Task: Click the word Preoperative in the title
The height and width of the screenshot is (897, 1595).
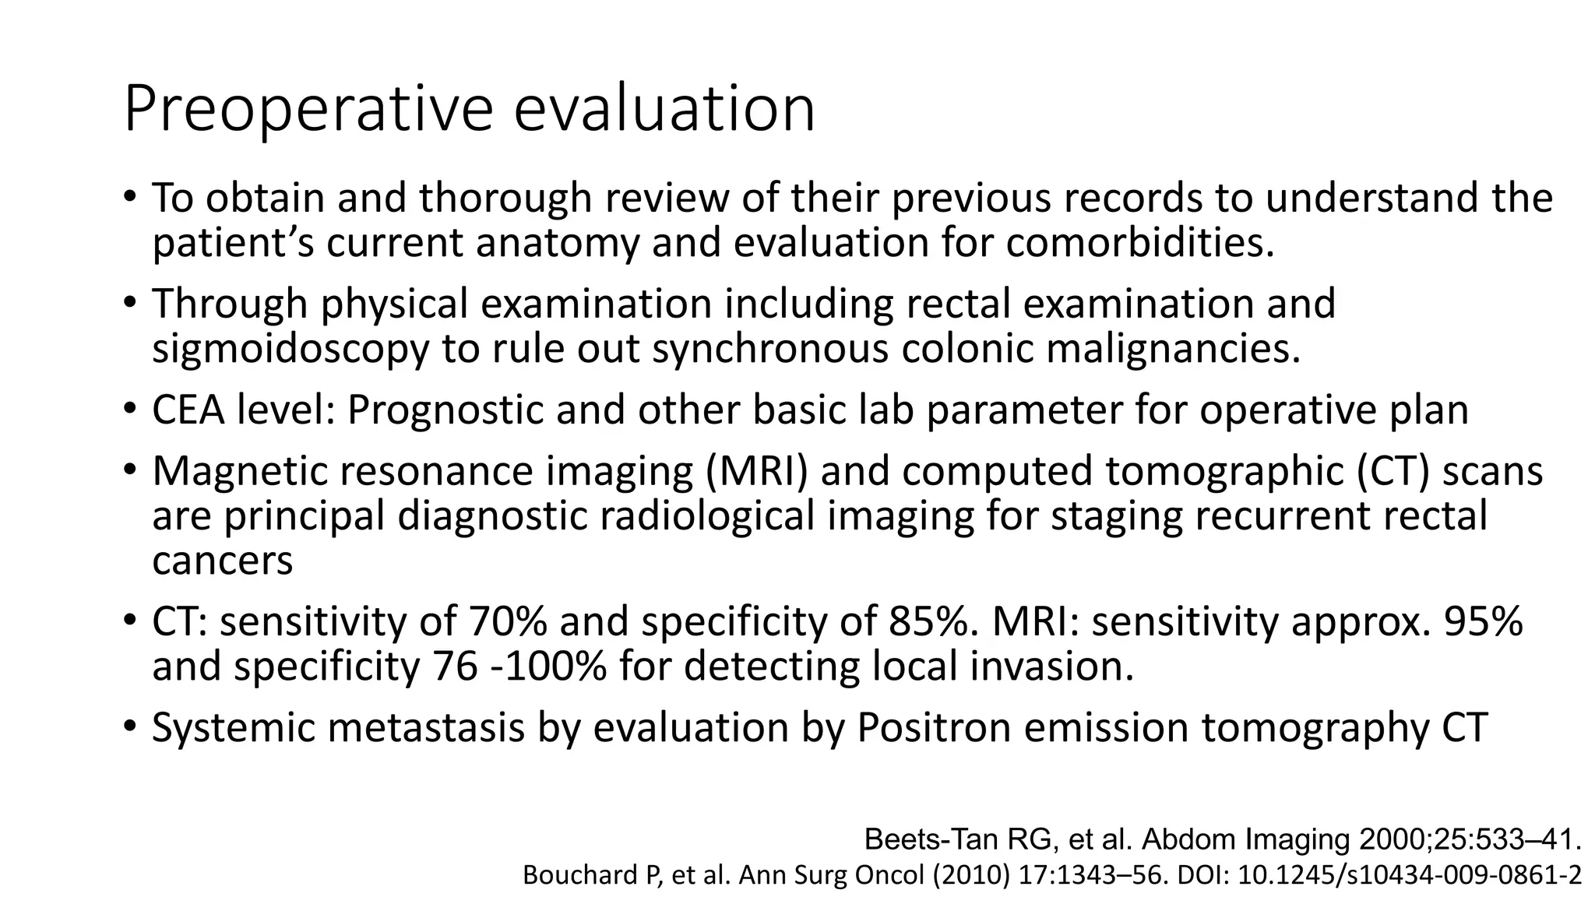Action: pyautogui.click(x=308, y=109)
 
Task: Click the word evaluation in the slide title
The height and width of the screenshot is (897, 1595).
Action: pyautogui.click(x=664, y=109)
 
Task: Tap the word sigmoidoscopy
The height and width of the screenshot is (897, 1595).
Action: pyautogui.click(x=290, y=349)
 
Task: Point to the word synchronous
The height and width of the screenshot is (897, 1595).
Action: pyautogui.click(x=769, y=349)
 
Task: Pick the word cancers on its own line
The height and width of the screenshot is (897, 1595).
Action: pyautogui.click(x=222, y=561)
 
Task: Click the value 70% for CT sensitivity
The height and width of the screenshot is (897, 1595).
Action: pyautogui.click(x=507, y=622)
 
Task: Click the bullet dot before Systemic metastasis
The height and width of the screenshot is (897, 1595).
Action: pyautogui.click(x=130, y=727)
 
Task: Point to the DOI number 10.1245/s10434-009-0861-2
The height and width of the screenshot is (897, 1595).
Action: pyautogui.click(x=1410, y=876)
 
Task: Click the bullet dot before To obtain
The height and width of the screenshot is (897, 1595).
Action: pyautogui.click(x=130, y=197)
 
